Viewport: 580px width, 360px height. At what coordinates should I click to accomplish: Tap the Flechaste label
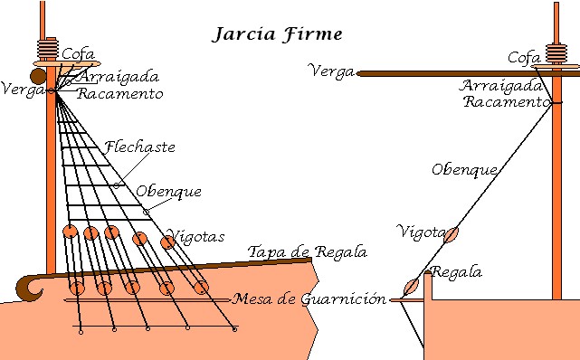[139, 147]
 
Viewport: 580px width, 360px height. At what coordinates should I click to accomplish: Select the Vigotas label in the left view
[195, 237]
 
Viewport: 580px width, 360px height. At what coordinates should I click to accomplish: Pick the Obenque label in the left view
[168, 191]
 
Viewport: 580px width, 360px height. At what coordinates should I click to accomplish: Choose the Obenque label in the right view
[464, 168]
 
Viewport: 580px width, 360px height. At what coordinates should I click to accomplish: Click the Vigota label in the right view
[421, 232]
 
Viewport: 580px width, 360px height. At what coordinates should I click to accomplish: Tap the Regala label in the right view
[457, 272]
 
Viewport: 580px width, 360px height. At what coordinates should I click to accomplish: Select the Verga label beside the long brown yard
[330, 71]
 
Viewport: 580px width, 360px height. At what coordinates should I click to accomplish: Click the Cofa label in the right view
[524, 57]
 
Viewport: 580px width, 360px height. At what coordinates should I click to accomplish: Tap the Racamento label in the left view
[120, 93]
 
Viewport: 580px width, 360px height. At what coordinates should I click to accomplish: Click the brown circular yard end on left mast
[36, 76]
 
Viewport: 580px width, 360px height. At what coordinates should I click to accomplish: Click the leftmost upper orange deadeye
[71, 232]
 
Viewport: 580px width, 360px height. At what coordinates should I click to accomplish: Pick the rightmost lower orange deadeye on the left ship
[201, 287]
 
